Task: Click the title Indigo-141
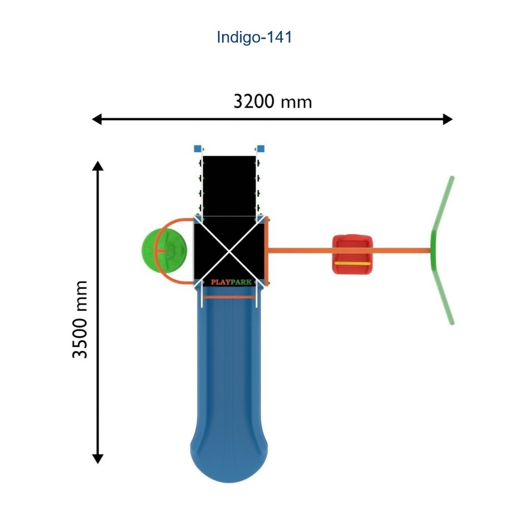(x=254, y=37)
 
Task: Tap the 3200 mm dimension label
(x=272, y=101)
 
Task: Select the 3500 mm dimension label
(x=80, y=319)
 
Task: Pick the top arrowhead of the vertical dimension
(x=98, y=166)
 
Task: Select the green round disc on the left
(x=152, y=250)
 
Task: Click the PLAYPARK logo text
(x=231, y=282)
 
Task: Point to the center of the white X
(x=230, y=249)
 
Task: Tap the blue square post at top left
(x=198, y=149)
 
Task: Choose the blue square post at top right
(x=261, y=149)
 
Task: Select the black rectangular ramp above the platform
(x=229, y=185)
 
